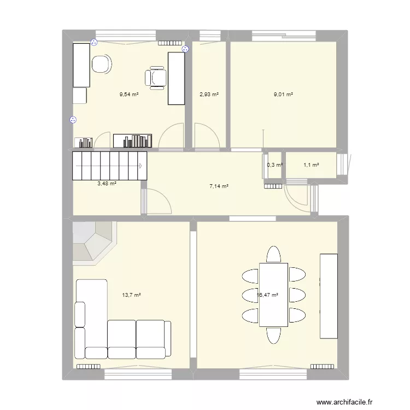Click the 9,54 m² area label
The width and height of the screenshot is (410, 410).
point(129,94)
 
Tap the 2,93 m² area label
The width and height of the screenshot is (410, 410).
point(209,94)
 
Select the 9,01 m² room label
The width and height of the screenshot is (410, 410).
point(283,94)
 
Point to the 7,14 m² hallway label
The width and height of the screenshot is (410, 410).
point(219,186)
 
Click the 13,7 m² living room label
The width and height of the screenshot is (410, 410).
point(132,295)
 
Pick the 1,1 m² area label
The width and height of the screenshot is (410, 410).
point(311,165)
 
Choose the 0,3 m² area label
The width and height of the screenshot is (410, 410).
point(274,165)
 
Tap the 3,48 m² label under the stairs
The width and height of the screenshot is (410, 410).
point(107,184)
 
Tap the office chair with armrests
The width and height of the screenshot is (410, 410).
point(155,78)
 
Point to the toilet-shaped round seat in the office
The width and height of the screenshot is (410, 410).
point(102,65)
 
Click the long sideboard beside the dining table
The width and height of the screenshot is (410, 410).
point(328,295)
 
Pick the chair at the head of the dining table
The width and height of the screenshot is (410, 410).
point(273,254)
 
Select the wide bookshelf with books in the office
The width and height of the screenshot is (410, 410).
point(133,140)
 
